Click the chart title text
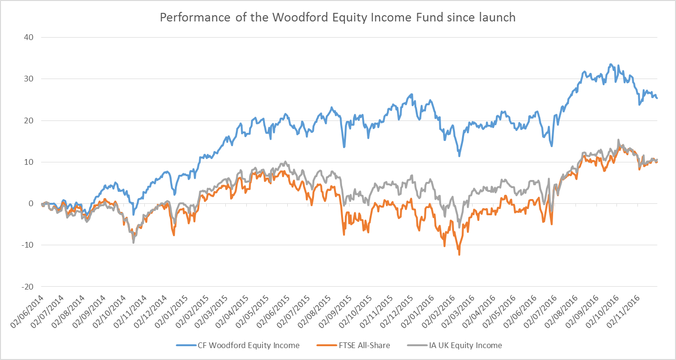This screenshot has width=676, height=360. (x=337, y=18)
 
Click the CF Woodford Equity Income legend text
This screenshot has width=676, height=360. (x=248, y=345)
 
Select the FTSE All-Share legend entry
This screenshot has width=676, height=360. (x=360, y=345)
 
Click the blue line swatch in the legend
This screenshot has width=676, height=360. (x=185, y=345)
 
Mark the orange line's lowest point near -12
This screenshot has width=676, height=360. (x=459, y=255)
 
